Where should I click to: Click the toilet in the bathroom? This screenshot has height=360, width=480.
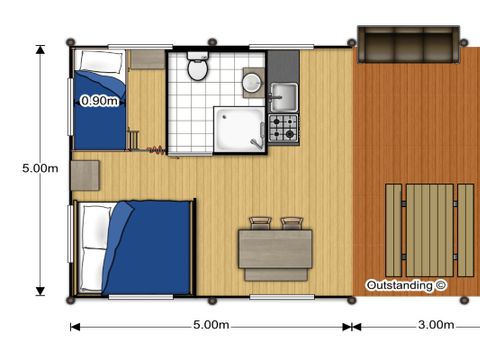pyautogui.click(x=198, y=66)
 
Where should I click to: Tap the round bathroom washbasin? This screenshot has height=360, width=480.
pyautogui.click(x=252, y=82)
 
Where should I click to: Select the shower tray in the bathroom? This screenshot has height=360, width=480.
pyautogui.click(x=239, y=130)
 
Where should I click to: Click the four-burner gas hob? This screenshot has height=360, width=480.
pyautogui.click(x=283, y=128)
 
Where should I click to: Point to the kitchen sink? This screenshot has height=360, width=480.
pyautogui.click(x=284, y=97)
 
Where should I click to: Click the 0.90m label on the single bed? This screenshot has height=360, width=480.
pyautogui.click(x=99, y=100)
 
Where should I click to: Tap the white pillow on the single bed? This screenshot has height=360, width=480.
pyautogui.click(x=100, y=61)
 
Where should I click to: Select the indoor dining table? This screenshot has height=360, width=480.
pyautogui.click(x=275, y=249)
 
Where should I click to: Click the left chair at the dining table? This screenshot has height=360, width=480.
pyautogui.click(x=260, y=223)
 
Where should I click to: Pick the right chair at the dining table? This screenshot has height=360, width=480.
pyautogui.click(x=292, y=223)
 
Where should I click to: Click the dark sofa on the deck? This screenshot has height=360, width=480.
pyautogui.click(x=408, y=44)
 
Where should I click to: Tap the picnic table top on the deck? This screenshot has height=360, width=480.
pyautogui.click(x=430, y=230)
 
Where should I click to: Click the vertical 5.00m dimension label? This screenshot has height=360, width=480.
pyautogui.click(x=40, y=168)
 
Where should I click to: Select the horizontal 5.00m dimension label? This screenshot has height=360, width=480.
pyautogui.click(x=211, y=324)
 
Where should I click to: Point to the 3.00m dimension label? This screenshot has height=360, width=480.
pyautogui.click(x=436, y=324)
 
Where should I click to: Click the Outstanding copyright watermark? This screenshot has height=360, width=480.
pyautogui.click(x=406, y=286)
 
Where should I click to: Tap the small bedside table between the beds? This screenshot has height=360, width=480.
pyautogui.click(x=85, y=175)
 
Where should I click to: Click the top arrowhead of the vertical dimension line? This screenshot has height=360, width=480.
pyautogui.click(x=40, y=50)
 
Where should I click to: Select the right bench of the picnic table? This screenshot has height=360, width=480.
pyautogui.click(x=466, y=230)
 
